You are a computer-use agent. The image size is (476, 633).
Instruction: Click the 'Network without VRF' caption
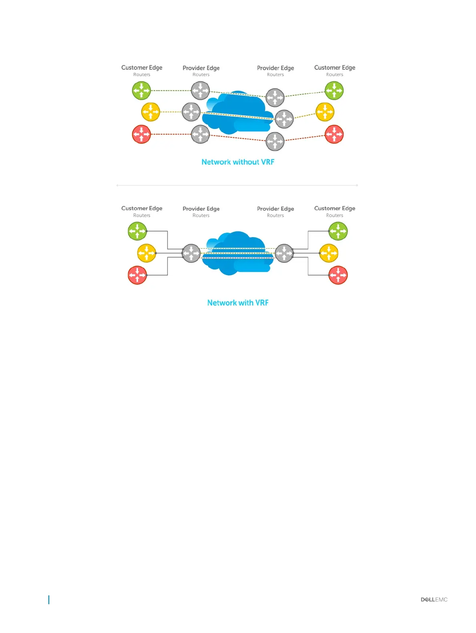pos(238,162)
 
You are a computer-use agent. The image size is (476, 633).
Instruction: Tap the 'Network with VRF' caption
pos(238,303)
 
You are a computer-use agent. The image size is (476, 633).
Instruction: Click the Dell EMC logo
pos(434,599)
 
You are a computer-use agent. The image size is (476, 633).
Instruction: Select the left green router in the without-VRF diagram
pos(141,90)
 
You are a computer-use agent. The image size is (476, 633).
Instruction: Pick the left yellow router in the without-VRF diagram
pos(151,112)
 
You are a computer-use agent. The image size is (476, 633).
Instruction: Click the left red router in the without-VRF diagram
pos(141,134)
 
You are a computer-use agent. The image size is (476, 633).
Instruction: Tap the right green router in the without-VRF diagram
pos(334,90)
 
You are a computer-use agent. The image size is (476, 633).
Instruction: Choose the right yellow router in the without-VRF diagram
pos(325,112)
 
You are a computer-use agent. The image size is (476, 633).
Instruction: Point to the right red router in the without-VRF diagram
pos(334,134)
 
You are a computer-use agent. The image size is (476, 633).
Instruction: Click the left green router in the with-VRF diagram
pos(137,231)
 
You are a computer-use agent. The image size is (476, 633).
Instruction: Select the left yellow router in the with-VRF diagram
pos(147,253)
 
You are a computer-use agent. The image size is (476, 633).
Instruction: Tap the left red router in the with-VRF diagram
pos(137,275)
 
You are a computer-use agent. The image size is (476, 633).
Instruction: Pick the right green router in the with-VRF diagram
pos(338,231)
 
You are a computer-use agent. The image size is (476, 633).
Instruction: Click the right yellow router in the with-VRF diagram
pos(329,253)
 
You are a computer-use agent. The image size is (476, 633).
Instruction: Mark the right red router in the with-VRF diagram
pos(338,275)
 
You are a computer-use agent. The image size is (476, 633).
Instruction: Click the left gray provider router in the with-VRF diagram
pos(191,253)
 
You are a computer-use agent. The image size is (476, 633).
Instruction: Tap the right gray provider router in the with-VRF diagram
pos(284,253)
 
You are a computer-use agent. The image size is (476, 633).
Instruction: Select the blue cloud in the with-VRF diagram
pos(238,253)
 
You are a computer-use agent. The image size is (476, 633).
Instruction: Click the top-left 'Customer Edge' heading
pos(142,68)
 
